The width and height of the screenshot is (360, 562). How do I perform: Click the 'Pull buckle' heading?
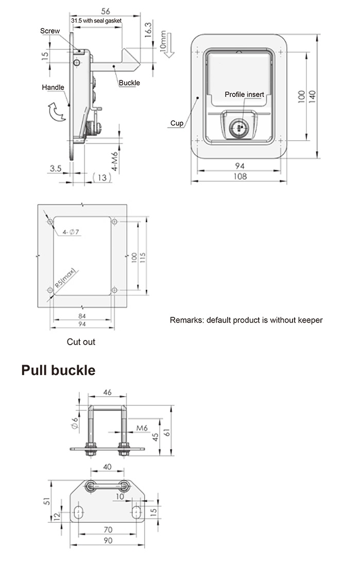(58, 370)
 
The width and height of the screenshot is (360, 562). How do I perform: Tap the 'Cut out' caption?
(81, 342)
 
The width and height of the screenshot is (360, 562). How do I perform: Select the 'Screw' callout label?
(50, 31)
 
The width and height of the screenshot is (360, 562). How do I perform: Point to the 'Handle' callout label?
(53, 88)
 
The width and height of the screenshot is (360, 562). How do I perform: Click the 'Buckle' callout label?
(129, 82)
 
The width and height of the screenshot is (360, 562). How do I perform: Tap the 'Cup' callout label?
(177, 123)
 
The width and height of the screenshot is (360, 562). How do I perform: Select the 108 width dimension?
(239, 176)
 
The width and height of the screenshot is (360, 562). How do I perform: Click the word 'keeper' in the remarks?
(310, 320)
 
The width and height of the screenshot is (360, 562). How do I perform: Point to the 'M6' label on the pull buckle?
(143, 428)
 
